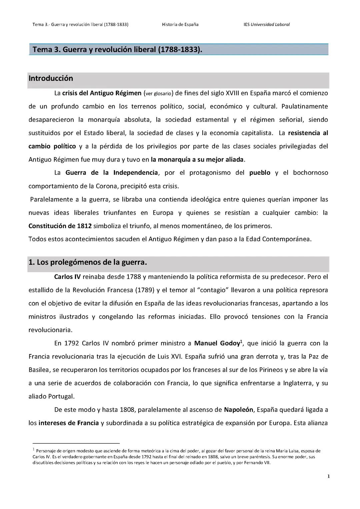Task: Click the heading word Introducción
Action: [51, 78]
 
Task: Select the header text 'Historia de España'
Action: [180, 24]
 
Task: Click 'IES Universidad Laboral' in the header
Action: [267, 24]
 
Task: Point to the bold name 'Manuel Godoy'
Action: [217, 343]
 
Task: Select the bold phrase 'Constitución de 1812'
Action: [60, 226]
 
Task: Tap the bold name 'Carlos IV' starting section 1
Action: [67, 277]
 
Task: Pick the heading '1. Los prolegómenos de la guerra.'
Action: [88, 262]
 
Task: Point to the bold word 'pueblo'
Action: [260, 173]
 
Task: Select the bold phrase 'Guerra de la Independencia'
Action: [111, 173]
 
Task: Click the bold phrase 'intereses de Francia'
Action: [69, 423]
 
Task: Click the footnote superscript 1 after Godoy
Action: [241, 341]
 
